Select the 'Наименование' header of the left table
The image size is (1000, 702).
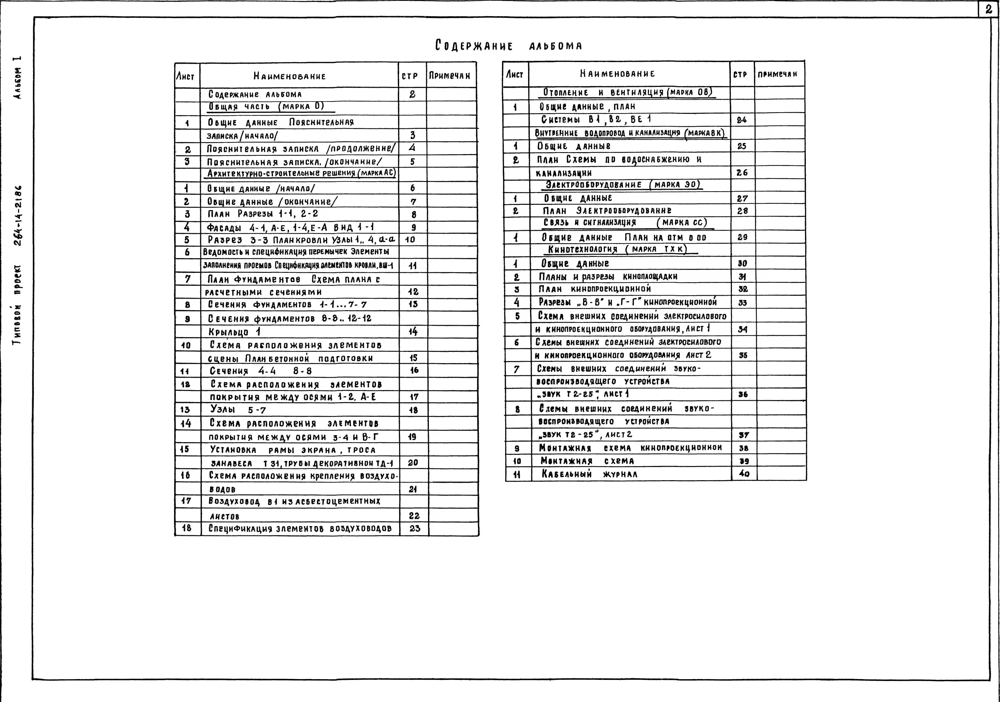click(x=290, y=76)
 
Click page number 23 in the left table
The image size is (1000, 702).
click(x=415, y=528)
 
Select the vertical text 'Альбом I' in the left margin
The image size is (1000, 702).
click(x=17, y=78)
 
